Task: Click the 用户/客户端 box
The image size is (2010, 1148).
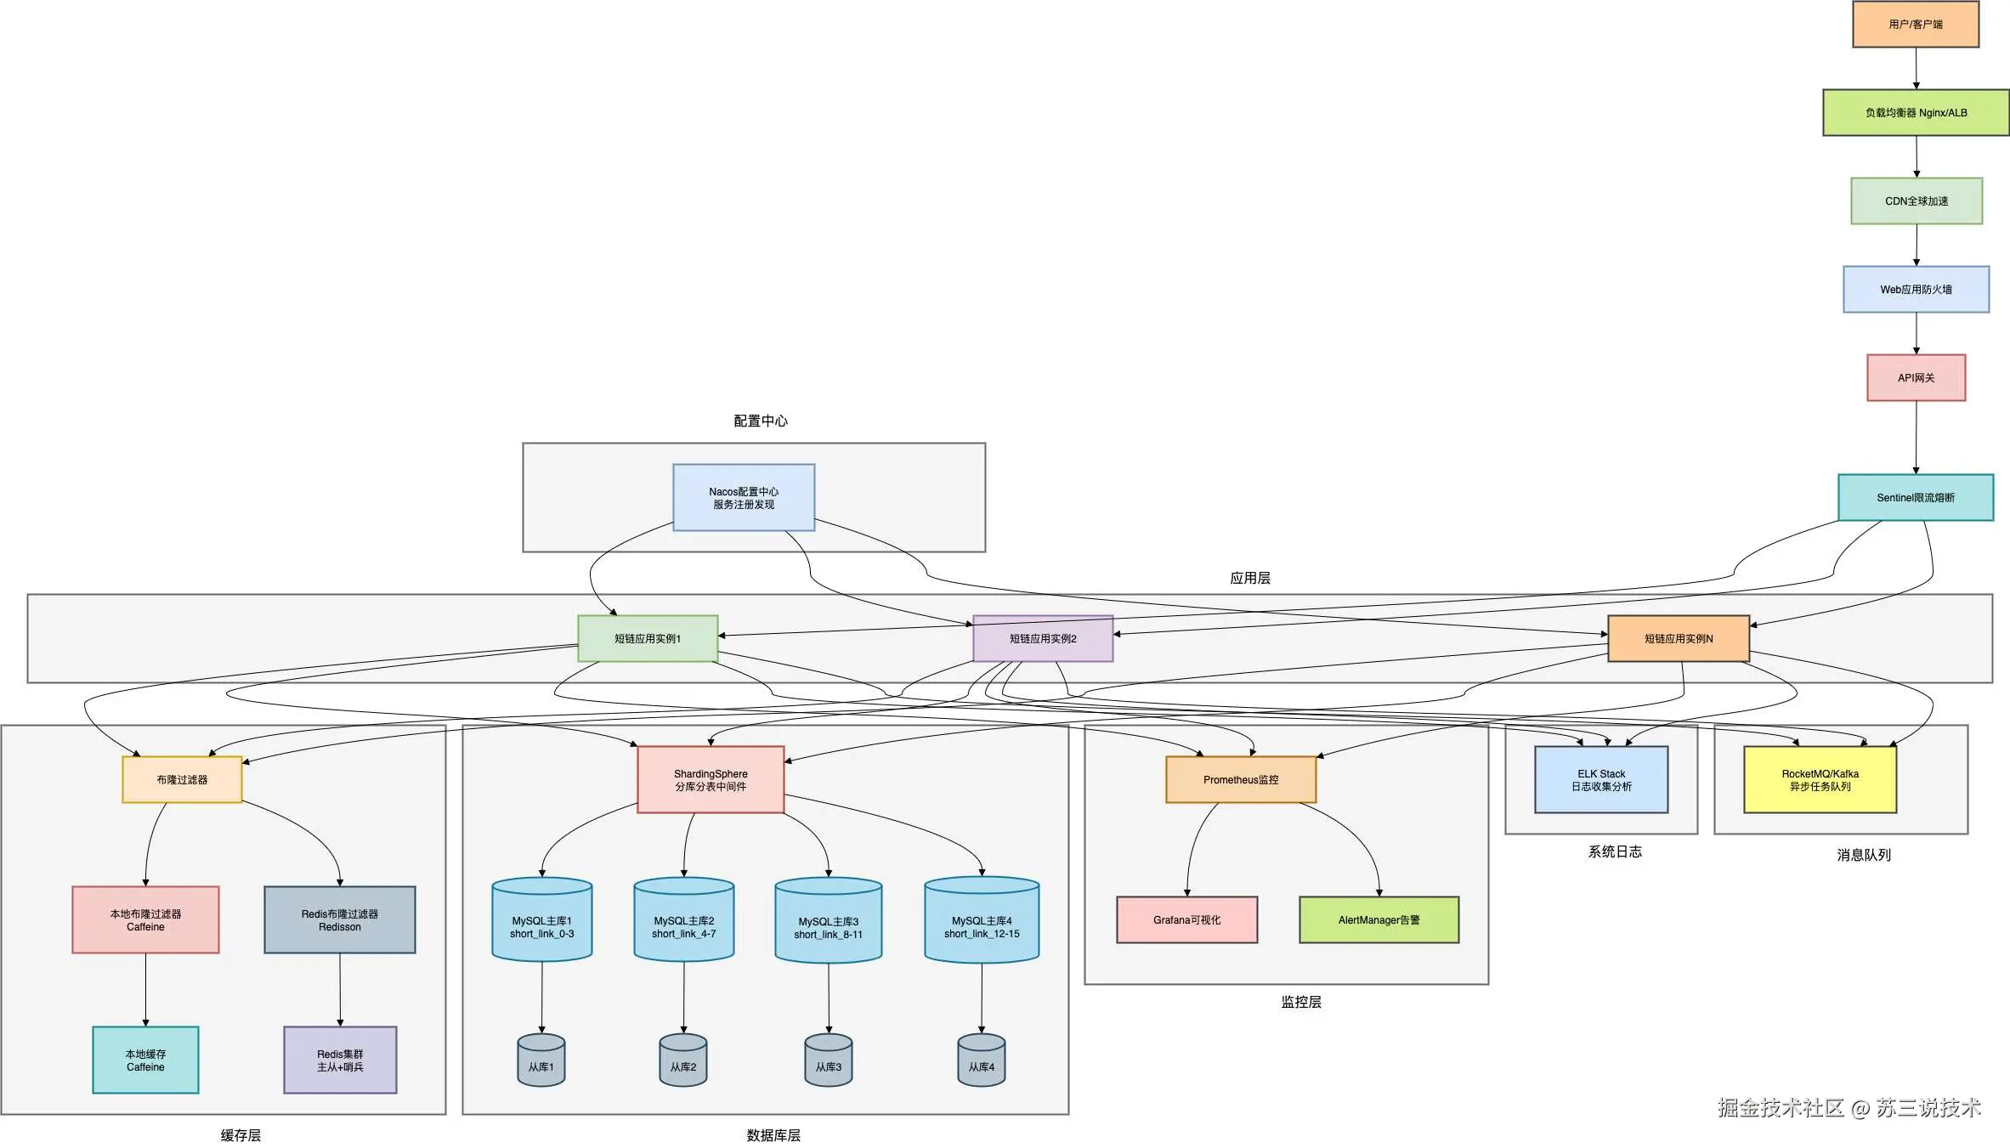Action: [x=1916, y=24]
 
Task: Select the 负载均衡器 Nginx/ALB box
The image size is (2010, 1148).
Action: [x=1916, y=112]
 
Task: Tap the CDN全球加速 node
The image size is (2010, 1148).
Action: [x=1916, y=201]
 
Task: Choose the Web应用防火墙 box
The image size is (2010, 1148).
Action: [x=1916, y=289]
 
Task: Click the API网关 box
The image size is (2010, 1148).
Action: [x=1916, y=377]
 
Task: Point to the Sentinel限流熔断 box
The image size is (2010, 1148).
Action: [x=1915, y=497]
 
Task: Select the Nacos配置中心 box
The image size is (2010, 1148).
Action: [x=744, y=497]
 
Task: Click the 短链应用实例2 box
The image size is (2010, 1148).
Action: [x=1043, y=638]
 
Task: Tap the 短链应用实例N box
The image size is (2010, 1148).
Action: [x=1679, y=638]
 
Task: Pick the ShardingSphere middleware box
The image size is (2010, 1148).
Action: [x=711, y=779]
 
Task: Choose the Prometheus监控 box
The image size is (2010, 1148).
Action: [x=1241, y=779]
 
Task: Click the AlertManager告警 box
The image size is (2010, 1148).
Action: [x=1379, y=919]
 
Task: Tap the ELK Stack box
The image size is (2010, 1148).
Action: [x=1601, y=779]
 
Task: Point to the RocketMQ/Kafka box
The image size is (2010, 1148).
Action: [x=1820, y=779]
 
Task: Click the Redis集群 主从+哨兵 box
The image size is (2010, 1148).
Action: [x=340, y=1060]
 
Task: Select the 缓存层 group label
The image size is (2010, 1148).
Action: [x=241, y=1135]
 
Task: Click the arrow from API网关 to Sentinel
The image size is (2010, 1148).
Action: [x=1916, y=437]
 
